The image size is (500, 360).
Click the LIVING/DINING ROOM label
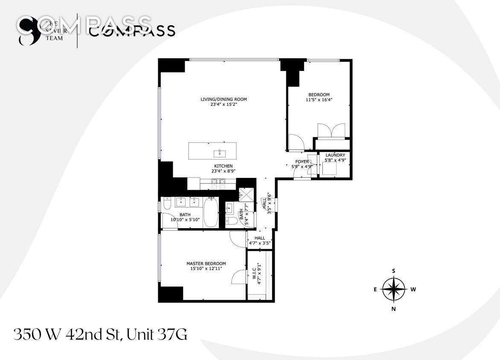224,99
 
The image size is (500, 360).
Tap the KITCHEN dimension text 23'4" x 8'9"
224,171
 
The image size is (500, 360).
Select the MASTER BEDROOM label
206,264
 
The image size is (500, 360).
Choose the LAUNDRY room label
335,155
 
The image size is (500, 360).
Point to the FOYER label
302,162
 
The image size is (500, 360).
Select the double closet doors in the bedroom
331,131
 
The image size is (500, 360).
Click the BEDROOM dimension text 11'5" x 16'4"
319,100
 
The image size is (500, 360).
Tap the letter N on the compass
394,308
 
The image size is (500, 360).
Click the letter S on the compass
394,271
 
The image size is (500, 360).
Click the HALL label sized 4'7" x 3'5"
259,238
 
